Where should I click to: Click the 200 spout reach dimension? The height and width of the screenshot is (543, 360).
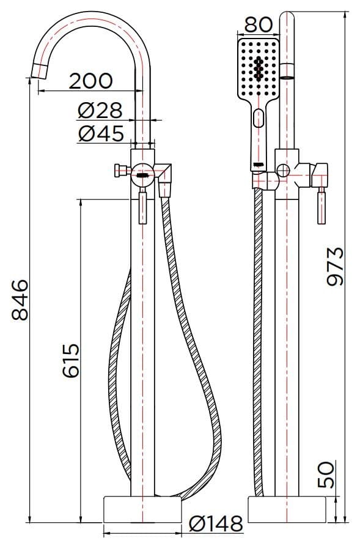tap(90, 81)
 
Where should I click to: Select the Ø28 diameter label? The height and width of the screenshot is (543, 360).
tap(100, 111)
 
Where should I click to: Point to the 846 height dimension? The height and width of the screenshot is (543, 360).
tap(20, 300)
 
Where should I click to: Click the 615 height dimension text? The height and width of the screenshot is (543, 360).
tap(70, 361)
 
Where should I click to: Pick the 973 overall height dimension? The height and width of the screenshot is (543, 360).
tap(335, 267)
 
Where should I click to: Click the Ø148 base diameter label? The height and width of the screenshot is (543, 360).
tap(216, 523)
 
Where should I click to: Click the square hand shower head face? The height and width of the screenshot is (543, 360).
tap(259, 70)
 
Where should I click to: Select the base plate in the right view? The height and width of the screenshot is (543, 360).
tap(286, 509)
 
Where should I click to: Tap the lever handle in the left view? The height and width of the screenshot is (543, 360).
tap(143, 208)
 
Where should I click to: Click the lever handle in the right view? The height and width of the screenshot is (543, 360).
tap(320, 208)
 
